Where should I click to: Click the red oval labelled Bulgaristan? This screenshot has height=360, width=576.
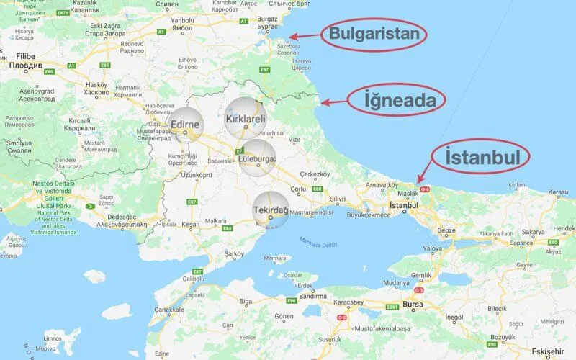pos(373,35)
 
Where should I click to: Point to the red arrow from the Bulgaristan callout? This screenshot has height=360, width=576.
pos(303,36)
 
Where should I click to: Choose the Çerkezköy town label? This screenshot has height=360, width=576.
pos(315,174)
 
